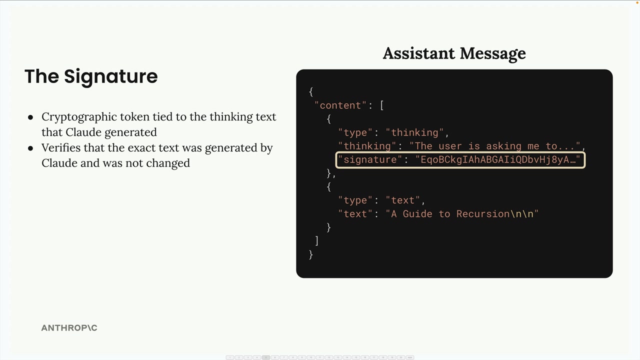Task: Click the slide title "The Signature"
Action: [x=91, y=76]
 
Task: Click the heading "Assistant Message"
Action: [x=454, y=53]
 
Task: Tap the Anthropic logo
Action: [x=69, y=327]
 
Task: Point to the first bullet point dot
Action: [x=30, y=117]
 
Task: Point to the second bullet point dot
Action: [x=30, y=148]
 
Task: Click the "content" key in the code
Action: [x=340, y=105]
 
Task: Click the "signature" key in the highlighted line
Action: [x=370, y=159]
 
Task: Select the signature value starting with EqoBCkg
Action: [x=498, y=159]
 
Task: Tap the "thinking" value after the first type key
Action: [x=414, y=132]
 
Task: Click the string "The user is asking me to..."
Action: [x=494, y=146]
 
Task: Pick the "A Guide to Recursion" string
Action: [x=462, y=213]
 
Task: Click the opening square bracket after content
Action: [x=382, y=105]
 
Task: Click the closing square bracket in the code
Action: [x=316, y=241]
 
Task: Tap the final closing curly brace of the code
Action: [x=311, y=254]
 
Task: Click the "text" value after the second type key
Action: [x=402, y=200]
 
